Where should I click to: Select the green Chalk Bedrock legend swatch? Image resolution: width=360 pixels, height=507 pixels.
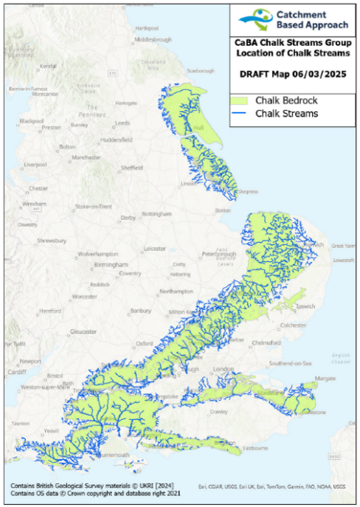click(x=241, y=100)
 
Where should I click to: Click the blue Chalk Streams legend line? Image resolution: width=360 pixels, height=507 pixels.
click(x=241, y=114)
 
